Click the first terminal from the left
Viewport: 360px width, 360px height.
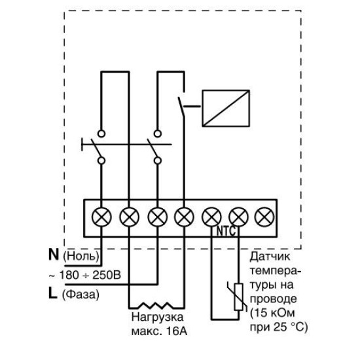point(101,217)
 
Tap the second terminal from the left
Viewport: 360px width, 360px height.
point(129,217)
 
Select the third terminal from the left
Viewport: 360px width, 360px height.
point(158,217)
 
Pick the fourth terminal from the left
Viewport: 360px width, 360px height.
point(184,217)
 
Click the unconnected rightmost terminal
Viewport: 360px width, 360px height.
point(264,217)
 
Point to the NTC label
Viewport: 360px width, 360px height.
point(226,232)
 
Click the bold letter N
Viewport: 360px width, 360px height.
point(54,255)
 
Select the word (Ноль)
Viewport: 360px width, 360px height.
point(81,256)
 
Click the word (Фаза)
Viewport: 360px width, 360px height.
point(81,295)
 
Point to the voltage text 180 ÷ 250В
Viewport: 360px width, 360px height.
point(90,275)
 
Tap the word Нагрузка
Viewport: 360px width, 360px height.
point(158,317)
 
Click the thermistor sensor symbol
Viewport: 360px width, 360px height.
point(238,297)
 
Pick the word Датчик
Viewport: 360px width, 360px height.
point(270,257)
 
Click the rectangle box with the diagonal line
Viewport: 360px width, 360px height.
point(226,108)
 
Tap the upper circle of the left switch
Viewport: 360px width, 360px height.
point(101,134)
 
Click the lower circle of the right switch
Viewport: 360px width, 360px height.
point(158,160)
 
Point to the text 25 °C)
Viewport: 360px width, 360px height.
point(291,327)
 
